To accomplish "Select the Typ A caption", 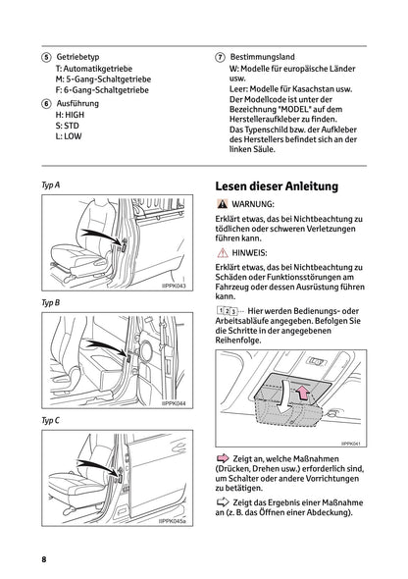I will tap(50, 184).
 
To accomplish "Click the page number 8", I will tap(43, 558).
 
